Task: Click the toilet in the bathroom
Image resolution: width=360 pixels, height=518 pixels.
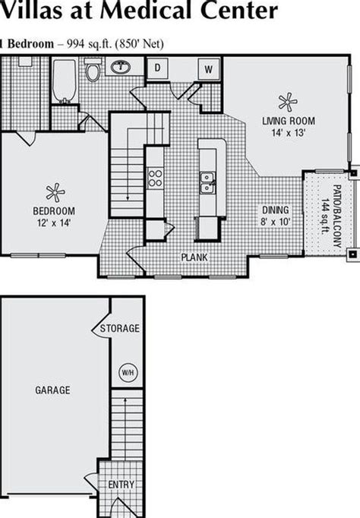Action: pyautogui.click(x=93, y=72)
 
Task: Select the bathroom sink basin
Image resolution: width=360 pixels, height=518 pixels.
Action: pyautogui.click(x=119, y=67)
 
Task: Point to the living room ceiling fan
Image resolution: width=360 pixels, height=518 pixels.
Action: pyautogui.click(x=287, y=101)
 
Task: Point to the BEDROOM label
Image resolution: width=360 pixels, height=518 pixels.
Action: pyautogui.click(x=53, y=210)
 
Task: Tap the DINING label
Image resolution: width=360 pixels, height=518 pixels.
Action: pyautogui.click(x=275, y=210)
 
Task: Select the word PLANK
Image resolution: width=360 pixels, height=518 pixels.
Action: pyautogui.click(x=194, y=257)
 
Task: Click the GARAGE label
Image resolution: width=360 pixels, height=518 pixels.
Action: pyautogui.click(x=52, y=390)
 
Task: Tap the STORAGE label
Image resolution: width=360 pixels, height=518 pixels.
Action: pyautogui.click(x=120, y=329)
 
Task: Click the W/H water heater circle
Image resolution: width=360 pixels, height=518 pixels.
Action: pyautogui.click(x=126, y=373)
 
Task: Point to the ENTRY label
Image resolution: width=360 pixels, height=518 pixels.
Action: pyautogui.click(x=122, y=485)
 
